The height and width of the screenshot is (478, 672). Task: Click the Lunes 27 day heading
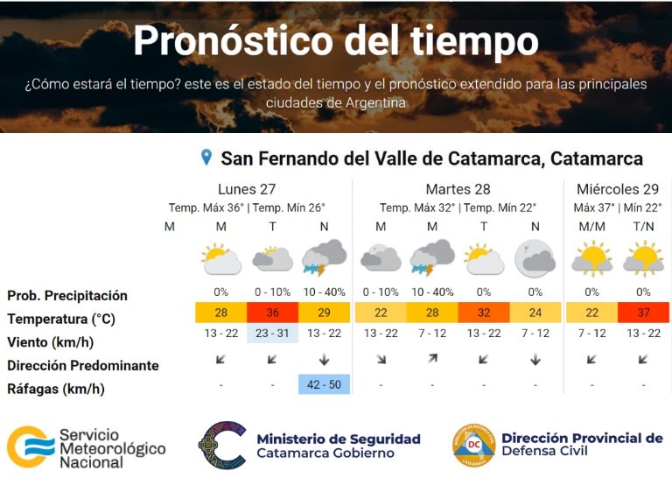coord(248,189)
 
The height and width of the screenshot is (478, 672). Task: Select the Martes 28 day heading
coord(458,189)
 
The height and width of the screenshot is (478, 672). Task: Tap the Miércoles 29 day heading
coord(617,189)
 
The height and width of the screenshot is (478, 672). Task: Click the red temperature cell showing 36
coord(272,313)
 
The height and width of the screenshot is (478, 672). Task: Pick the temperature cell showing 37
coord(643,313)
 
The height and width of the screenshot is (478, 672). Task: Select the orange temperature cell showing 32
coord(483,313)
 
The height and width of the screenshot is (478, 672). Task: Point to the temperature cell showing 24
coord(535,313)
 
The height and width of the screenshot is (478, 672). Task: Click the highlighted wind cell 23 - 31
coord(272,334)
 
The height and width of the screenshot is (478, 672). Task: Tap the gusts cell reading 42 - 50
coord(324,383)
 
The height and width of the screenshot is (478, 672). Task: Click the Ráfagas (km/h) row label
coord(57,388)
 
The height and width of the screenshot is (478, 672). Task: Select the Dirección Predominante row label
coord(83,365)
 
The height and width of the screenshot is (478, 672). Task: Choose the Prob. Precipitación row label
coord(67,295)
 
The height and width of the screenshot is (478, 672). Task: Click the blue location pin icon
coord(206,158)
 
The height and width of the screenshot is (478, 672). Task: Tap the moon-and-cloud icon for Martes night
coord(535,259)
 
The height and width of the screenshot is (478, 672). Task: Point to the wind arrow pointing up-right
coord(431,359)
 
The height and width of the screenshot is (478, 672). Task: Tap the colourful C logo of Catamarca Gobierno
coord(222,446)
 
